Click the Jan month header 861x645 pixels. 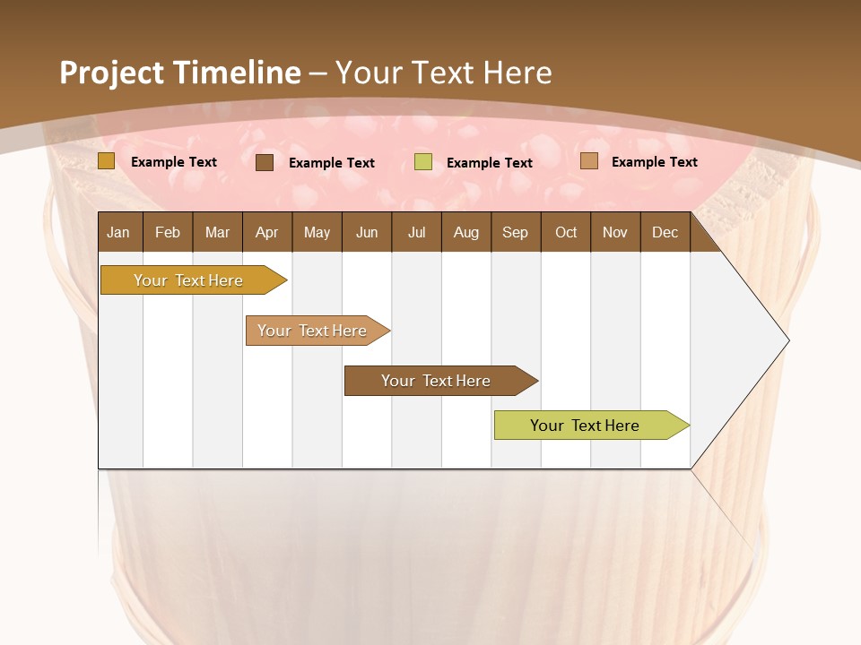[119, 232]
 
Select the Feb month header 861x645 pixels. [168, 232]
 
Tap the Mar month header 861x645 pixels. [217, 232]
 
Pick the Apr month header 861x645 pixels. [267, 232]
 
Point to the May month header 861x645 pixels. [317, 232]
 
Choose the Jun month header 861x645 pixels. [367, 232]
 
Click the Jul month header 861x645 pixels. [416, 232]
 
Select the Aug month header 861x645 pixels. [466, 232]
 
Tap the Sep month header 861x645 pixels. [516, 232]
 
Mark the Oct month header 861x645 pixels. [566, 232]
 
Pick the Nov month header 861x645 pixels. [615, 232]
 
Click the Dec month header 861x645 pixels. [665, 232]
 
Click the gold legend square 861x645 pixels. [107, 161]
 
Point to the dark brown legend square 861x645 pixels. [265, 162]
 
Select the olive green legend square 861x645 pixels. [423, 162]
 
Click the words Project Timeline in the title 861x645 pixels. [180, 73]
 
